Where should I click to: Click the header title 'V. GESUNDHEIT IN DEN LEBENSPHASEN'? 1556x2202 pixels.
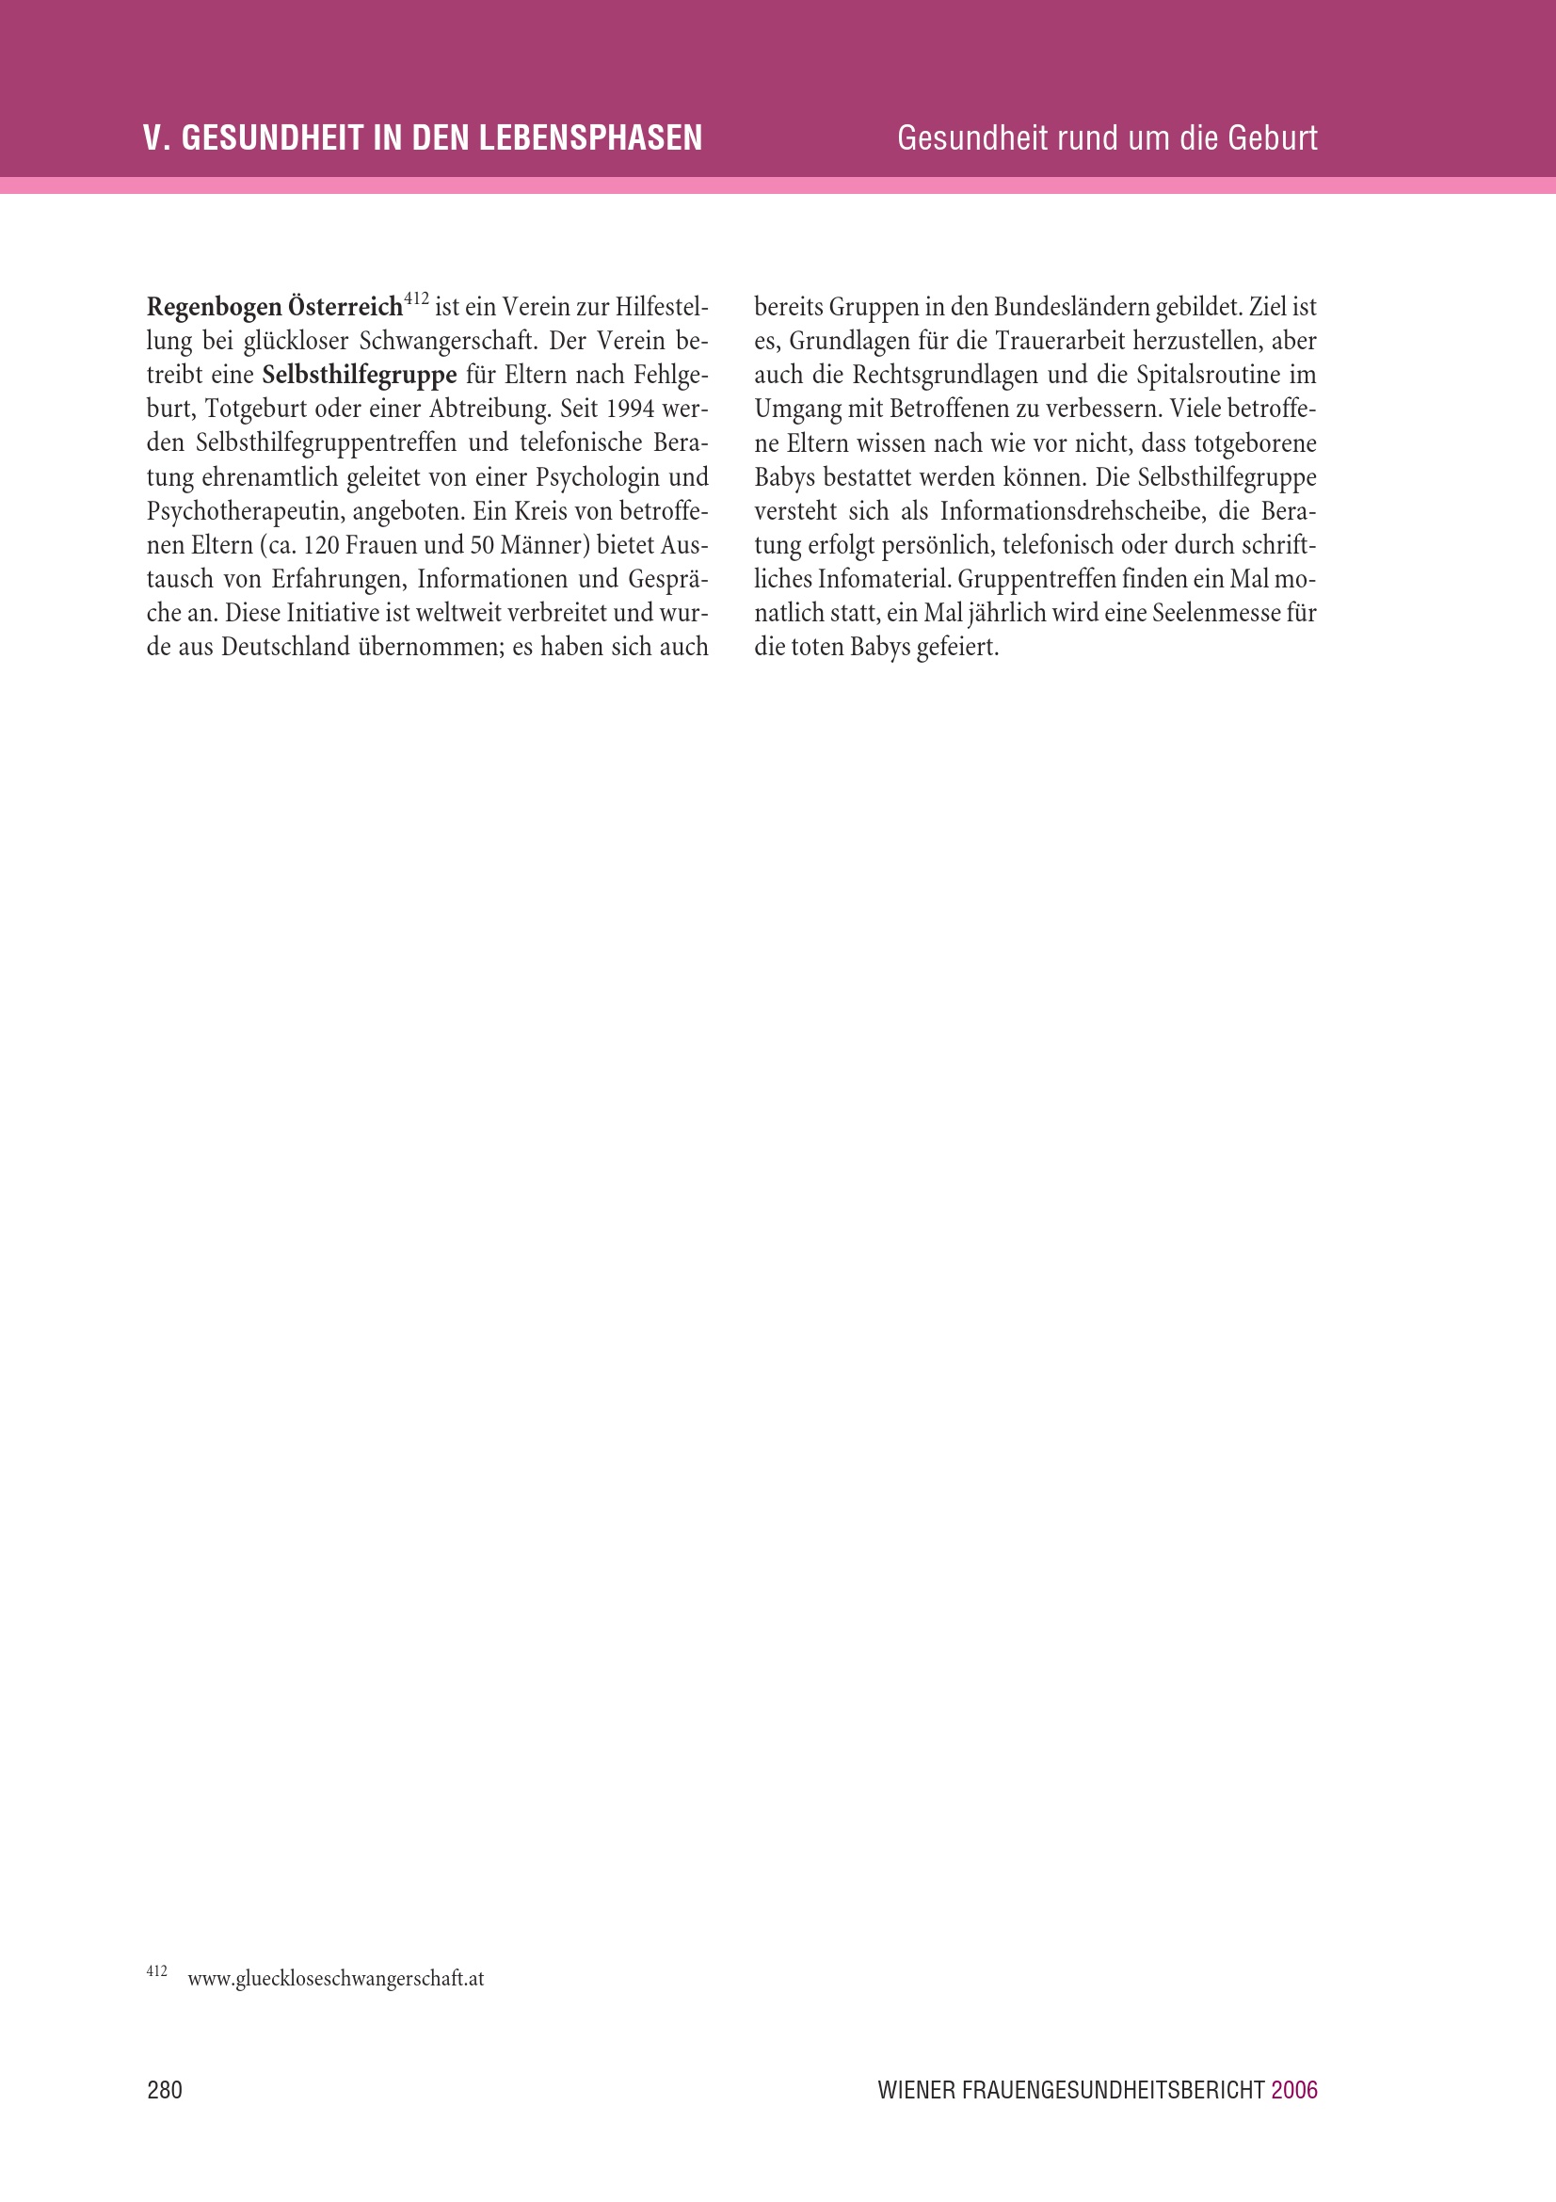click(x=422, y=138)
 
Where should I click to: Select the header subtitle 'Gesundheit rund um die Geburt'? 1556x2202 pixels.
click(x=1106, y=138)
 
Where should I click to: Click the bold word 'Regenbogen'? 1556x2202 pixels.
click(x=214, y=308)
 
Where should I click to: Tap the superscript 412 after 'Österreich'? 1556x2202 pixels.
click(x=416, y=299)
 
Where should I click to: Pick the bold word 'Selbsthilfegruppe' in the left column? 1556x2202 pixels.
click(x=360, y=375)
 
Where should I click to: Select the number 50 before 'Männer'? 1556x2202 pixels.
click(x=481, y=546)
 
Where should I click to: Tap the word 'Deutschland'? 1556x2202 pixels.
click(x=286, y=648)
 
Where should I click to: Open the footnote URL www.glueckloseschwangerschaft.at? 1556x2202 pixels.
click(x=335, y=1979)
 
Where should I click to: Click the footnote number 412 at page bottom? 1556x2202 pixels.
click(x=156, y=1972)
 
